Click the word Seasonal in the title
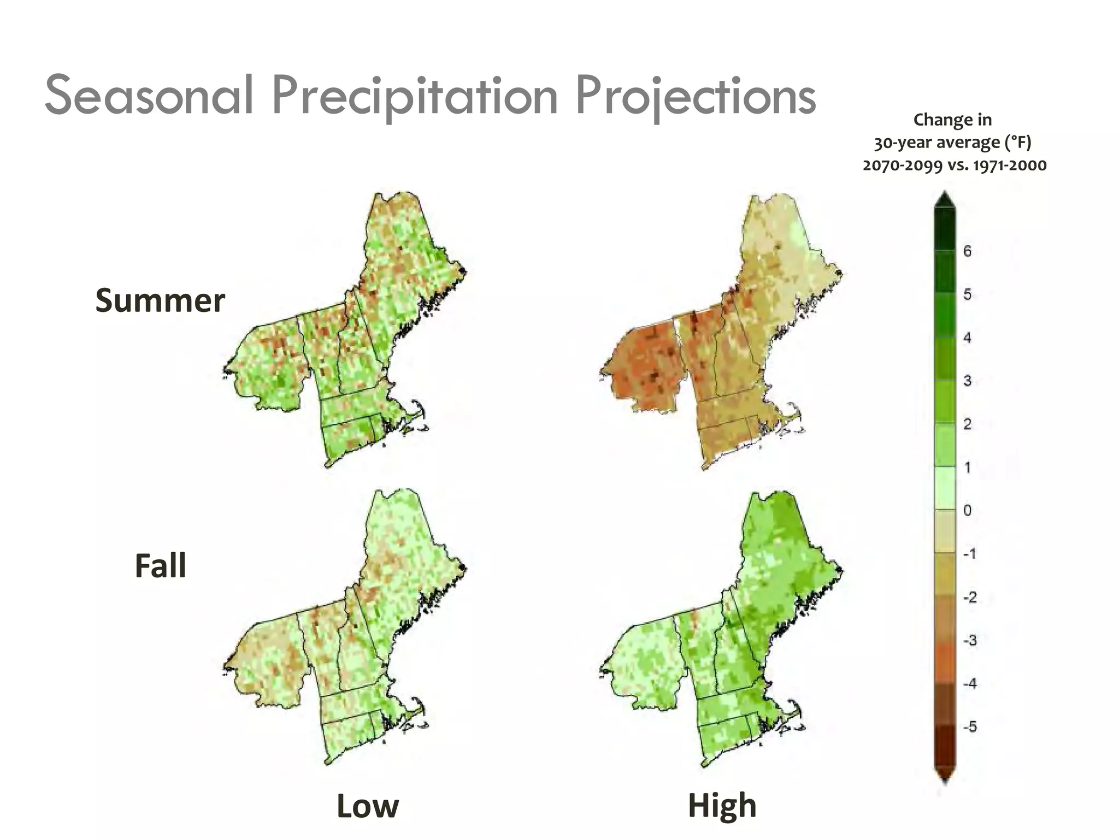(149, 96)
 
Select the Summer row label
(160, 300)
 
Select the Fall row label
(160, 565)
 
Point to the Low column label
(368, 806)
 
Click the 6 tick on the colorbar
(967, 251)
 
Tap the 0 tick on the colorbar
(967, 511)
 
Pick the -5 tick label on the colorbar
(969, 727)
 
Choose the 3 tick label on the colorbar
(967, 381)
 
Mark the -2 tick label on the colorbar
(969, 597)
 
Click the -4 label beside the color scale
(969, 684)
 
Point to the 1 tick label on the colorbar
(967, 468)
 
